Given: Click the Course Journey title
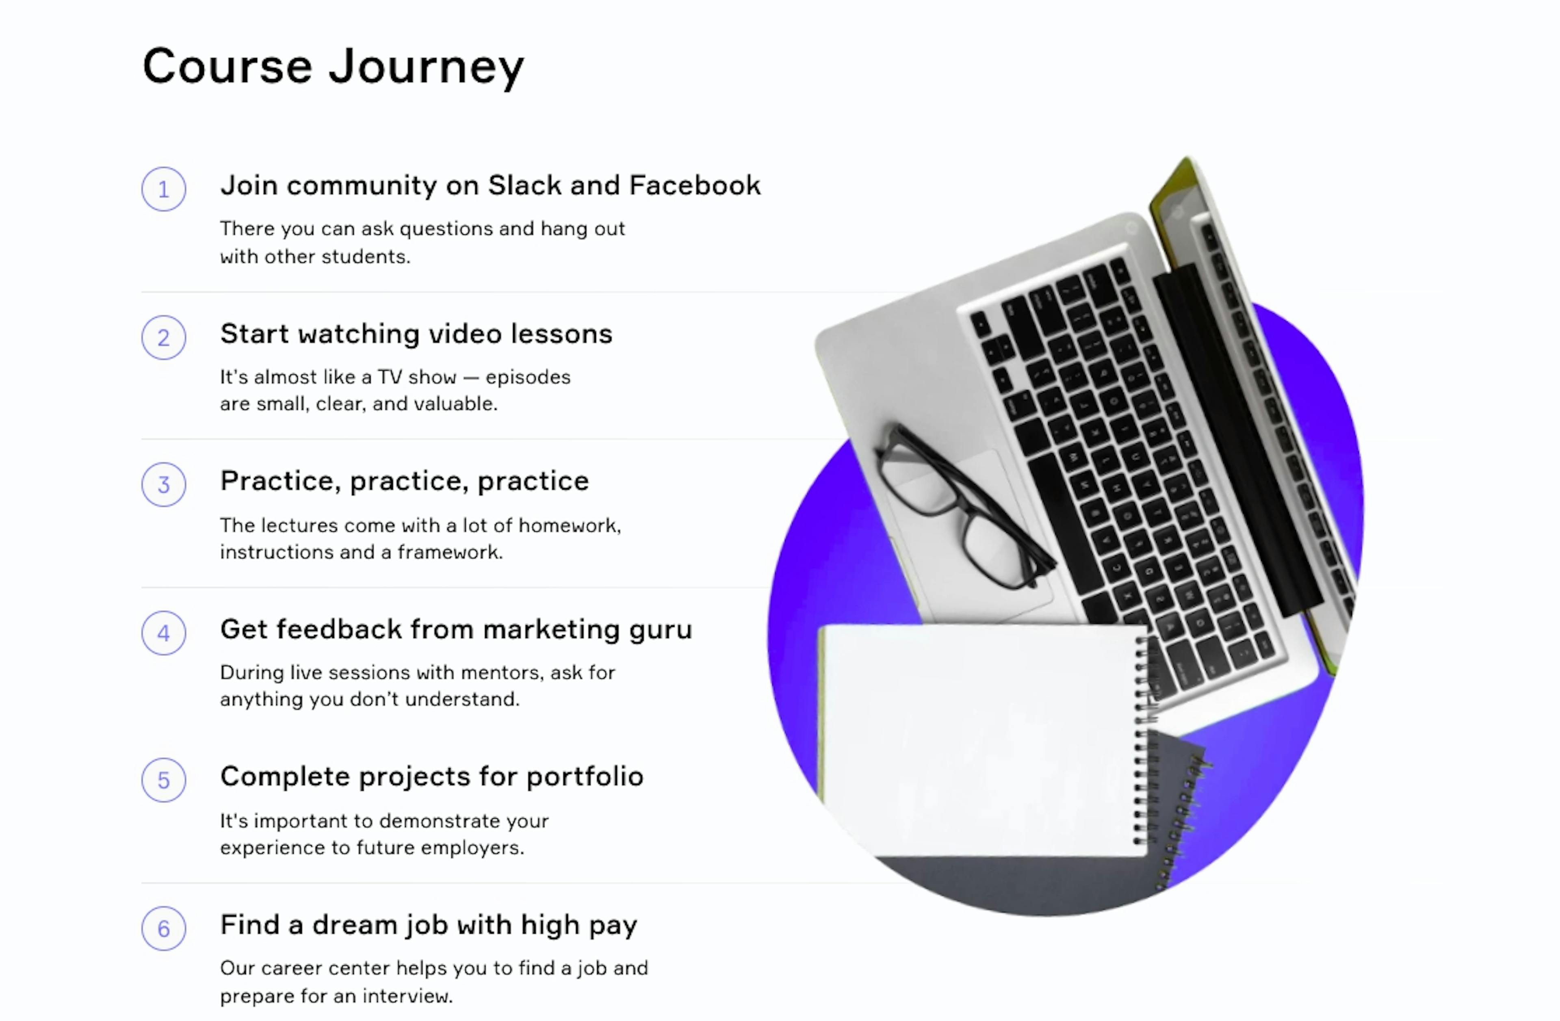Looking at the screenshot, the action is (x=334, y=67).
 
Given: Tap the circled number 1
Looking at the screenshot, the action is (x=164, y=189).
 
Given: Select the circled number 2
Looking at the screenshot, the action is (x=164, y=338).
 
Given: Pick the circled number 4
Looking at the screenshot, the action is (x=164, y=633).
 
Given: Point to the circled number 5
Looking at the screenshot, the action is (x=164, y=780).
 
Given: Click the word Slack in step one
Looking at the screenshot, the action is (x=524, y=185).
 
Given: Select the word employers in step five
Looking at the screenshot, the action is (x=472, y=848).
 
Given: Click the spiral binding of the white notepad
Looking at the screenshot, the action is (x=1142, y=741).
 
